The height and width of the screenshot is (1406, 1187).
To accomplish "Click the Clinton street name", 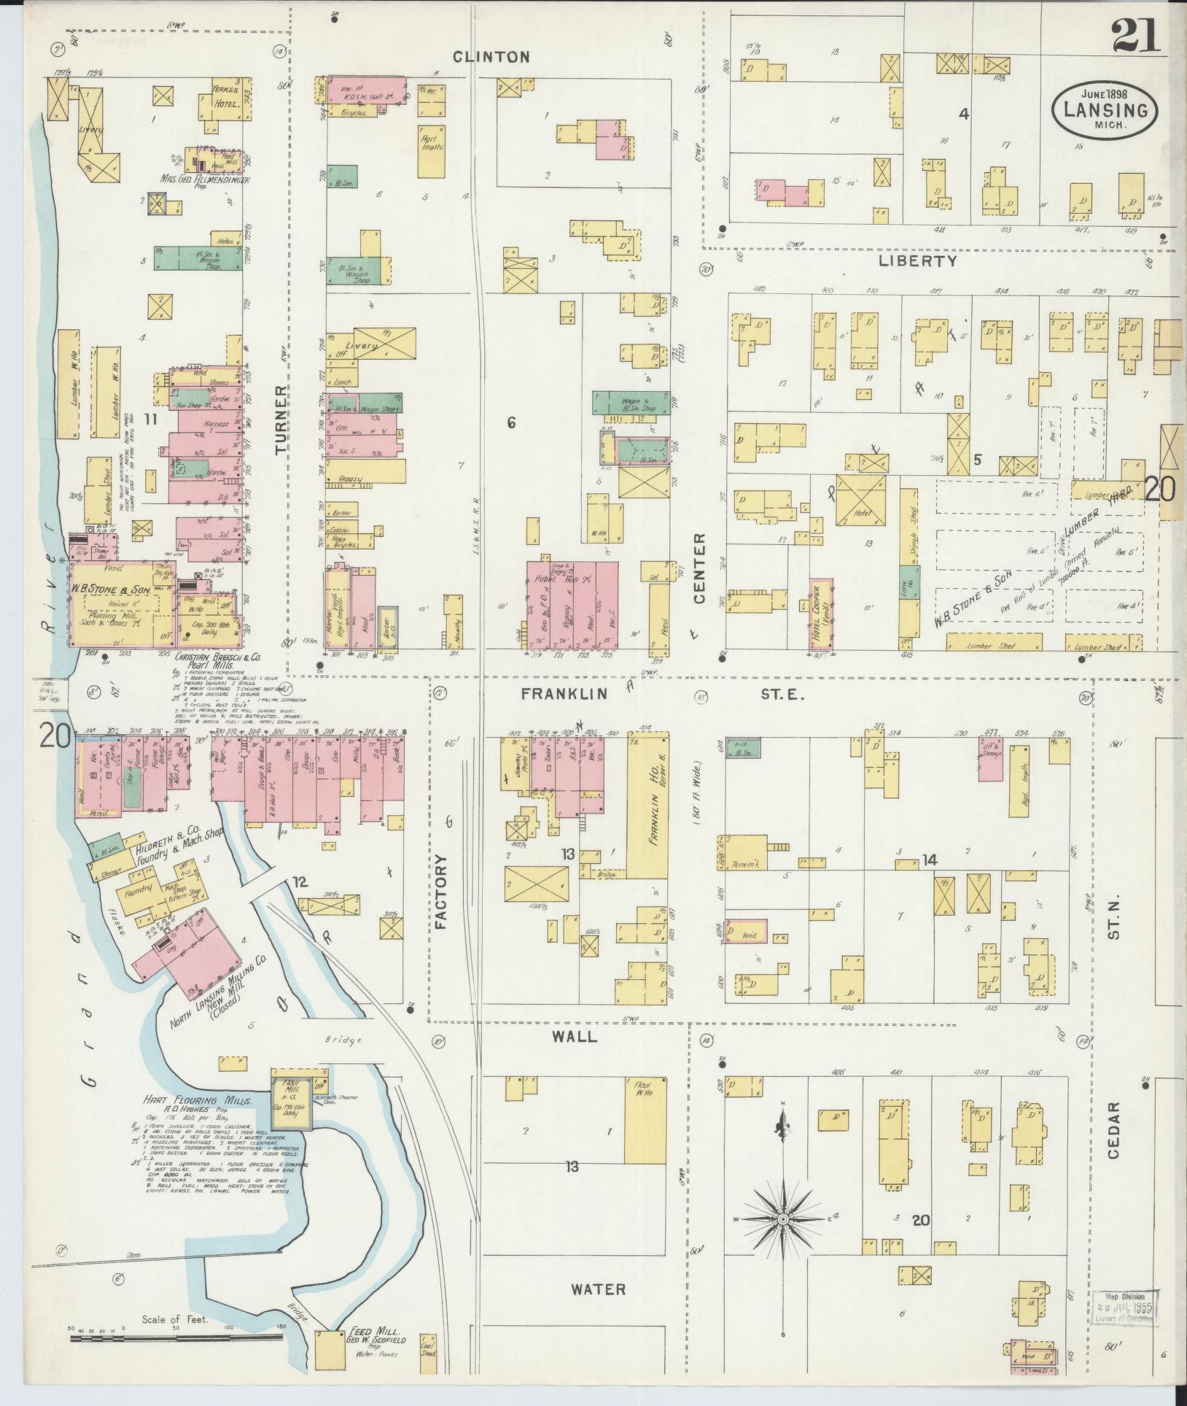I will pyautogui.click(x=499, y=57).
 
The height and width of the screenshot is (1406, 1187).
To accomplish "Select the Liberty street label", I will pyautogui.click(x=916, y=260).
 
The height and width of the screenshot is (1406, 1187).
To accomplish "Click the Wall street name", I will pyautogui.click(x=578, y=1036).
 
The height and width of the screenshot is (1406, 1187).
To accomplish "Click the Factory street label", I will pyautogui.click(x=442, y=892).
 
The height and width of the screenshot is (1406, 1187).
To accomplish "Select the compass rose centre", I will pyautogui.click(x=782, y=1219).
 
